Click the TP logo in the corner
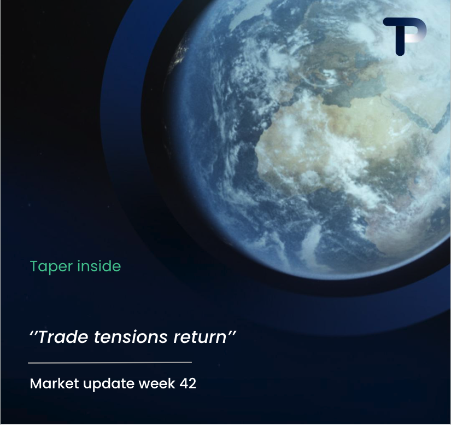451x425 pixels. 405,37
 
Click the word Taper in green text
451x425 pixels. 51,266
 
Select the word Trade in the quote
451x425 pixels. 63,336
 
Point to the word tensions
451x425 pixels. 131,337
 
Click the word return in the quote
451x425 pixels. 200,337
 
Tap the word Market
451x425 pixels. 54,383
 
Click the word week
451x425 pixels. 157,383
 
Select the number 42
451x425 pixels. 188,383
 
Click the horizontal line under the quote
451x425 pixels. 110,363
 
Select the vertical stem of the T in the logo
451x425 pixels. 400,40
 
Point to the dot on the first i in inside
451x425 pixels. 79,261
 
